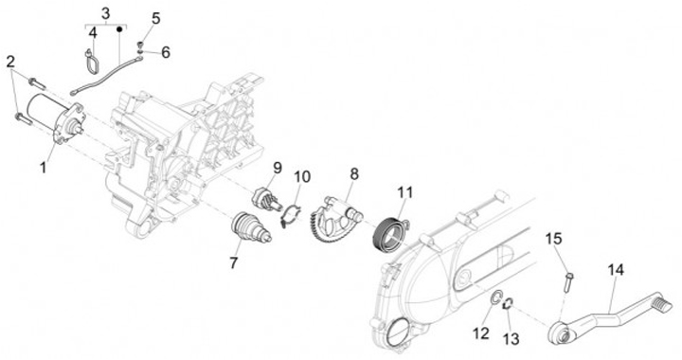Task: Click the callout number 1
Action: [43, 168]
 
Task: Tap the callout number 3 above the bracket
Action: [106, 13]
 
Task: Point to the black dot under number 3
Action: [118, 29]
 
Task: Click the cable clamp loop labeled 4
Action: [91, 62]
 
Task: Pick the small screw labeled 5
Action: [140, 45]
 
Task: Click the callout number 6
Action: [165, 53]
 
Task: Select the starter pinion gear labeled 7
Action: [251, 227]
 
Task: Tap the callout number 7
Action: [234, 262]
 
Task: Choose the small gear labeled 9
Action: [266, 198]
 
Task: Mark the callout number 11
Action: [404, 192]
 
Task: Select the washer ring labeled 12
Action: [495, 299]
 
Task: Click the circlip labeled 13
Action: [508, 304]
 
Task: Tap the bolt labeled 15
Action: [567, 281]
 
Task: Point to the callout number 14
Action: [616, 270]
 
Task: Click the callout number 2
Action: [11, 62]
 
